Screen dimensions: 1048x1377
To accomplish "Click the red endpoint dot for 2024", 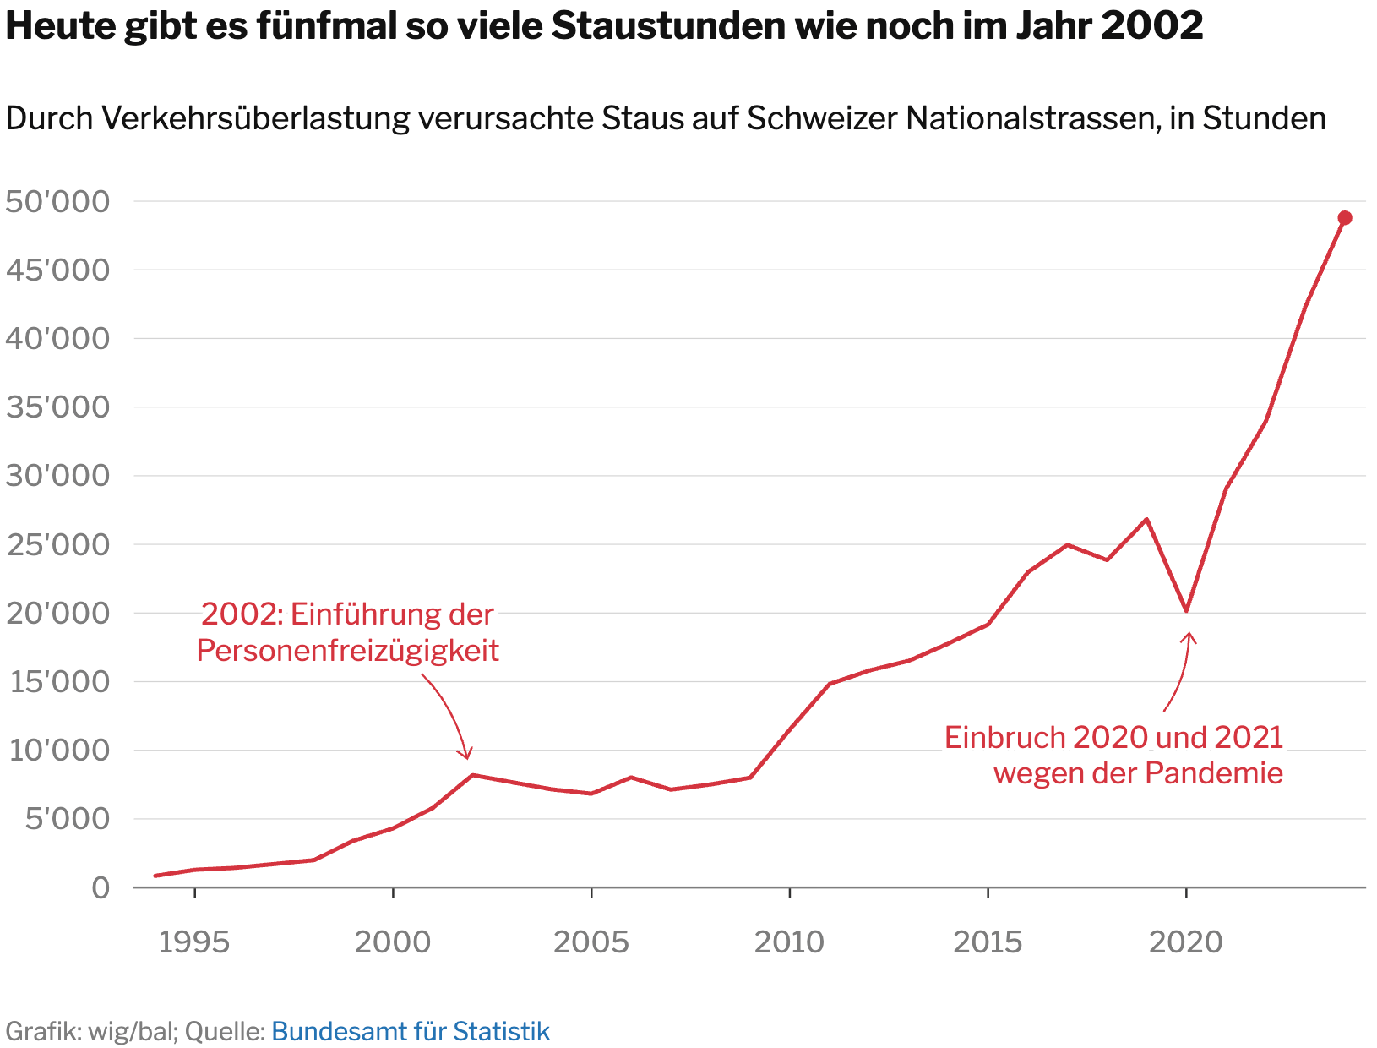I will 1345,218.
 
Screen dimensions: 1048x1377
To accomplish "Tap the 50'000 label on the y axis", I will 57,202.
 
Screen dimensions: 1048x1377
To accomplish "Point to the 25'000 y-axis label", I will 57,545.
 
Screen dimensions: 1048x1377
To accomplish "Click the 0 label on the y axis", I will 101,887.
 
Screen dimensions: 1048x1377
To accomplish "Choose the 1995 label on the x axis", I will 194,942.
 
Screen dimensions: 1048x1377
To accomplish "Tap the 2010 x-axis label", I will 789,942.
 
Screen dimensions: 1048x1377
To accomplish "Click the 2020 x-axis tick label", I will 1186,942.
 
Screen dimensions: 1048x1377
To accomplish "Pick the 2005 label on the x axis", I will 591,942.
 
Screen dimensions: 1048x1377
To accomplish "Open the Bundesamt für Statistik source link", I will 411,1031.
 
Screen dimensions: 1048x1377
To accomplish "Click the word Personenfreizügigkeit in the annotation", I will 348,650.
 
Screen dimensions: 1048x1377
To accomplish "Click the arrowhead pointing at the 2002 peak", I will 466,755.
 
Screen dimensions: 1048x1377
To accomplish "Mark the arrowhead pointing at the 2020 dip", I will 1189,636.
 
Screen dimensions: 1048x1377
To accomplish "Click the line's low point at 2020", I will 1186,610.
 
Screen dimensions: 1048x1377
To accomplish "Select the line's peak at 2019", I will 1146,519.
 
